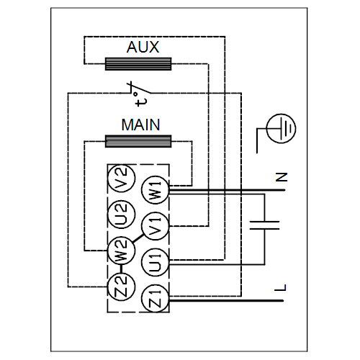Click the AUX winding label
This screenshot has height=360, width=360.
click(x=143, y=47)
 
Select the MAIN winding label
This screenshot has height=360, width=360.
click(x=140, y=125)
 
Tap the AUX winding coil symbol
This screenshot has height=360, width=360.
click(x=138, y=64)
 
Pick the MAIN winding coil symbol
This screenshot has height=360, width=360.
click(x=138, y=141)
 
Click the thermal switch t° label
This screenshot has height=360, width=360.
click(x=140, y=99)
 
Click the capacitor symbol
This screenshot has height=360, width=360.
click(x=265, y=225)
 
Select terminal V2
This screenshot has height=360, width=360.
click(x=122, y=179)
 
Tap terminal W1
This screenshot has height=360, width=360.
click(x=156, y=190)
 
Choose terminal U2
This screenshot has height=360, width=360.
click(x=122, y=215)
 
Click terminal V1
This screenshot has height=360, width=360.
click(x=156, y=226)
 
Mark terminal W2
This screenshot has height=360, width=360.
click(x=122, y=251)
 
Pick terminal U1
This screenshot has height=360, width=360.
click(x=156, y=263)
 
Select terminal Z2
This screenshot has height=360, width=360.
click(x=122, y=287)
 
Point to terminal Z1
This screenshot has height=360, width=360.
click(x=156, y=299)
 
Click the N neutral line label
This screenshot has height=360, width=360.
click(x=282, y=177)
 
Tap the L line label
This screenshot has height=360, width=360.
click(x=280, y=287)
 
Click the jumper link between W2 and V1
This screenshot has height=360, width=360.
click(x=138, y=238)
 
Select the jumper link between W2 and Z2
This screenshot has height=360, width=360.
click(x=122, y=269)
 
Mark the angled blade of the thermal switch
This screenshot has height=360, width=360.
click(x=141, y=89)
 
